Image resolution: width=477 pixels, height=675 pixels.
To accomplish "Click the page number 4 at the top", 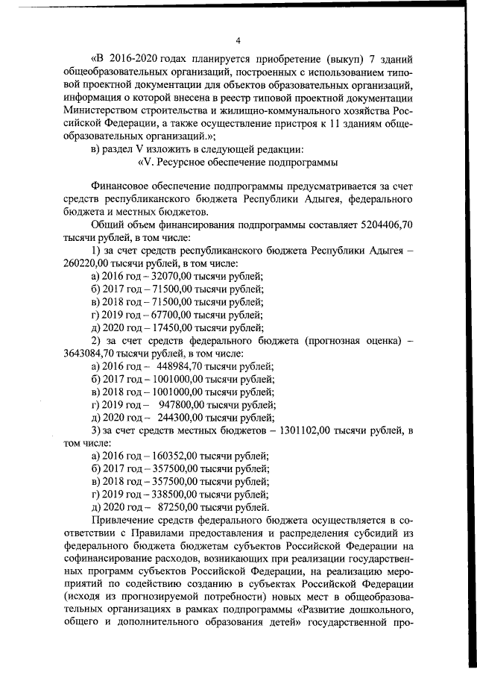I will click(238, 40).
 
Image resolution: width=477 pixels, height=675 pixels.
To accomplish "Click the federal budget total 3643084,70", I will click(89, 353).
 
